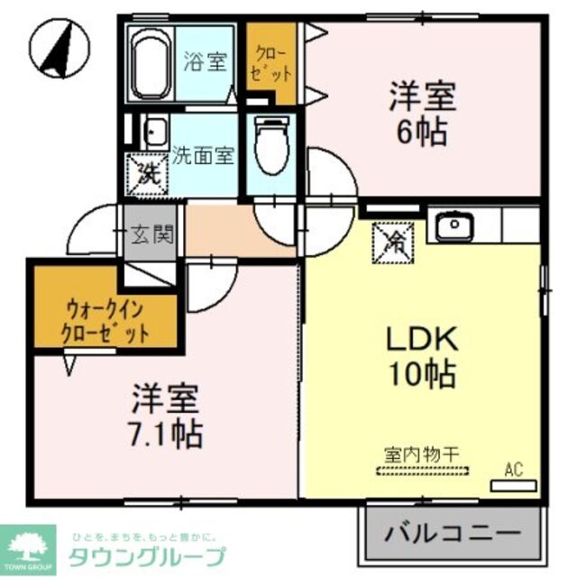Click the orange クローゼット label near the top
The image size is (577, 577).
tap(271, 62)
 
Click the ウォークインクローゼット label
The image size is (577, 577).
tap(105, 319)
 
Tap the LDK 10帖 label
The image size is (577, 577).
tap(424, 357)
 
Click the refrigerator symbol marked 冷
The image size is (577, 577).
tap(396, 241)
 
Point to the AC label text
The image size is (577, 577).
tap(513, 468)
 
